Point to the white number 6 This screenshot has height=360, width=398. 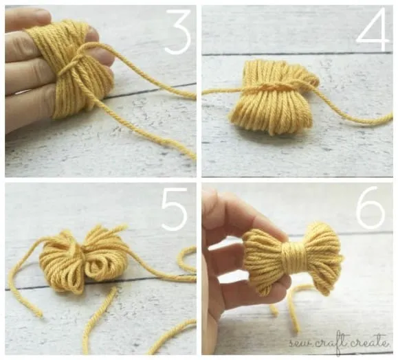[371, 208]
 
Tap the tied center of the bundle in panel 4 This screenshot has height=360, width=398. [267, 87]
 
